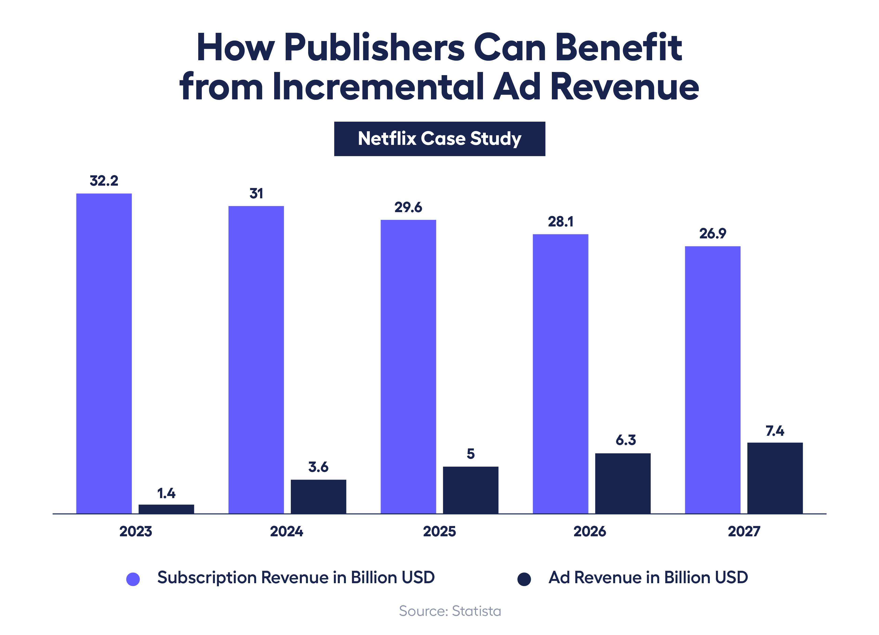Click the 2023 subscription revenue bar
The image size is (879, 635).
(104, 353)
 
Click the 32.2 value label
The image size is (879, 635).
(104, 181)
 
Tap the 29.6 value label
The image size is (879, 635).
(408, 207)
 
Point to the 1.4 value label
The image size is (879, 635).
(166, 493)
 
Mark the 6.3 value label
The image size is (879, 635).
(625, 440)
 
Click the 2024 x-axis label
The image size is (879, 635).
(286, 531)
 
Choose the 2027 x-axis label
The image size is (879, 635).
(744, 531)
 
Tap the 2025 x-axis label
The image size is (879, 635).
(439, 531)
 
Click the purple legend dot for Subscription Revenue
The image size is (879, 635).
(133, 579)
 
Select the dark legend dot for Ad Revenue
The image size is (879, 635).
(524, 579)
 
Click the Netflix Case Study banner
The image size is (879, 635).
(440, 139)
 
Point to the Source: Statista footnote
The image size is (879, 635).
(450, 611)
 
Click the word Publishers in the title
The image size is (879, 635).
(374, 48)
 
